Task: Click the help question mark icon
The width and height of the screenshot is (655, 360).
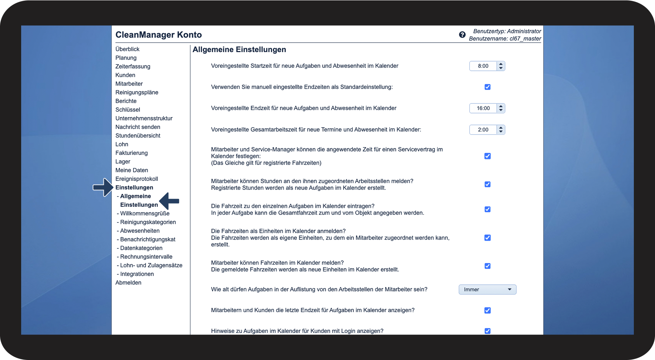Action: click(462, 34)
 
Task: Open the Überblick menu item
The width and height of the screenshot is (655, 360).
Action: click(128, 49)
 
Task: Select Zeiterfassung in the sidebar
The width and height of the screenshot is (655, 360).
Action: click(133, 66)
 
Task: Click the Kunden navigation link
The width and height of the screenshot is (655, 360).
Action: click(125, 75)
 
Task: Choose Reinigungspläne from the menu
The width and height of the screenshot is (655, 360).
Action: click(137, 92)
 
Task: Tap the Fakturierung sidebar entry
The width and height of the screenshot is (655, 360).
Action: click(132, 153)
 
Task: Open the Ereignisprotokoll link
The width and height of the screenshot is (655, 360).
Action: click(137, 179)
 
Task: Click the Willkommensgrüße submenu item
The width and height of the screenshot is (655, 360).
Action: click(145, 214)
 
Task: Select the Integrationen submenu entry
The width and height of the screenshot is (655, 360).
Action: click(137, 274)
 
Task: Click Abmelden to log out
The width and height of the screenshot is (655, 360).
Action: click(128, 283)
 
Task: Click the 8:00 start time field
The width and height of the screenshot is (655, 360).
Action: click(483, 66)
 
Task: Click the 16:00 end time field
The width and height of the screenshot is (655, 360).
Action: click(483, 108)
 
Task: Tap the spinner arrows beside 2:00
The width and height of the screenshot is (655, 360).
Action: click(501, 130)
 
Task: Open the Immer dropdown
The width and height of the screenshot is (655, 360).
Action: click(487, 290)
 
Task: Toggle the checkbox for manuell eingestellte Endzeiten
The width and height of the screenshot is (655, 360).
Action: click(487, 87)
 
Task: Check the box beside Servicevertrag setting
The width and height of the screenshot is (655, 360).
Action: click(487, 156)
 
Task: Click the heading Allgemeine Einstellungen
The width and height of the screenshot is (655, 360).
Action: click(239, 50)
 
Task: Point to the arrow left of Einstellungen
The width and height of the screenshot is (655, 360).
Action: click(103, 188)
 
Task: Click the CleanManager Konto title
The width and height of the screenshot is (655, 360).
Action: click(159, 35)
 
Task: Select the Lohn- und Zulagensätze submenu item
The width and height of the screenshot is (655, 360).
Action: click(151, 265)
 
